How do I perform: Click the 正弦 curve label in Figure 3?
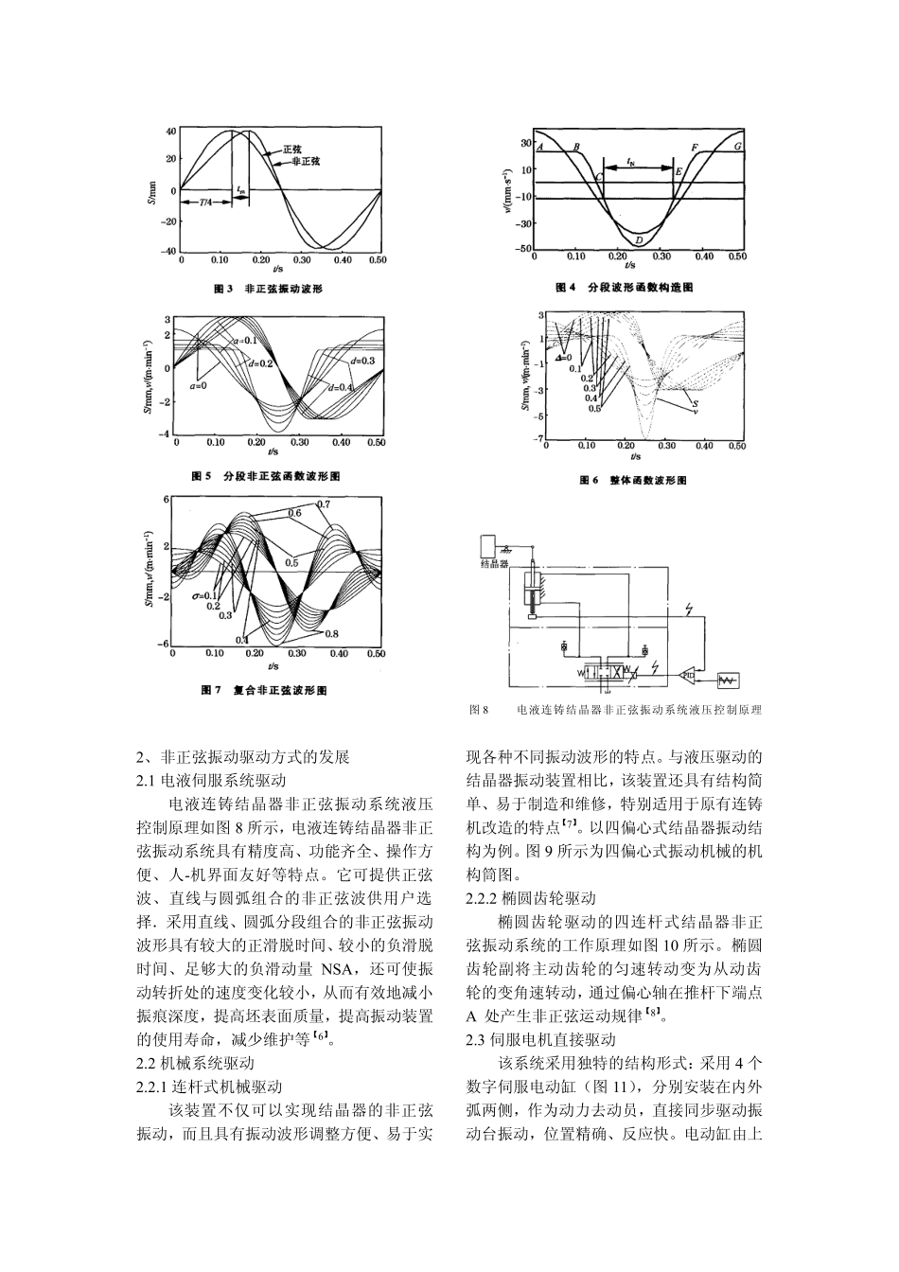pyautogui.click(x=293, y=150)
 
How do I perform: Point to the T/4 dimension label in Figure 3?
pyautogui.click(x=205, y=202)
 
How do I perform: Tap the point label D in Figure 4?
pyautogui.click(x=639, y=240)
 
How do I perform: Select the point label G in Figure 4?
pyautogui.click(x=737, y=148)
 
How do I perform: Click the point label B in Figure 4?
pyautogui.click(x=576, y=148)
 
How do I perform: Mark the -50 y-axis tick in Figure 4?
pyautogui.click(x=521, y=249)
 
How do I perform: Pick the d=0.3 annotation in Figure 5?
pyautogui.click(x=362, y=361)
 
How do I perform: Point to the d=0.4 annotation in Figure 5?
pyautogui.click(x=341, y=388)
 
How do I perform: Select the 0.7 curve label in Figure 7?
pyautogui.click(x=324, y=503)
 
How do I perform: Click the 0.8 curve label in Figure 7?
pyautogui.click(x=331, y=633)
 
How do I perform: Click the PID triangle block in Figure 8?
pyautogui.click(x=688, y=674)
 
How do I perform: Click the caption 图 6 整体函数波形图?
pyautogui.click(x=633, y=481)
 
